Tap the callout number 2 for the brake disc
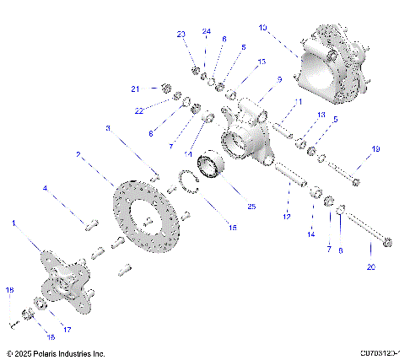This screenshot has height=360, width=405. click(x=78, y=155)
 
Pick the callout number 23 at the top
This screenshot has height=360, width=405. click(x=181, y=34)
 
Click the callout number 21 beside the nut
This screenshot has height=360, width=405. click(x=134, y=89)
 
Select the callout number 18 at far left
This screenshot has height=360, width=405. click(x=9, y=290)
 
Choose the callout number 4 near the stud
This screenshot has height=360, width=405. click(x=47, y=189)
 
